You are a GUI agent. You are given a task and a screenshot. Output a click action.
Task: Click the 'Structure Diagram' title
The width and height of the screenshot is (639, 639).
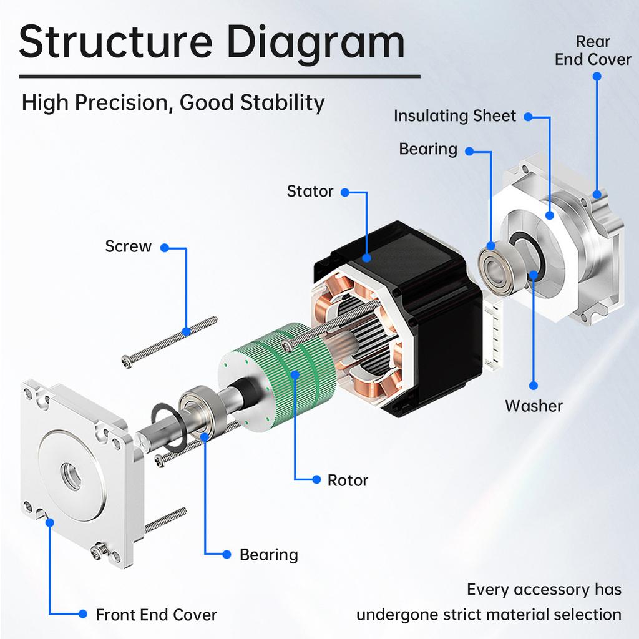pyautogui.click(x=212, y=42)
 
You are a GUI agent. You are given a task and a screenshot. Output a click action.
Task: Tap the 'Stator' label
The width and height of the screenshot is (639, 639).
pyautogui.click(x=310, y=191)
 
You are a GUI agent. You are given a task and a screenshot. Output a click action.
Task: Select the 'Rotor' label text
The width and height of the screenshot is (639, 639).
pyautogui.click(x=348, y=480)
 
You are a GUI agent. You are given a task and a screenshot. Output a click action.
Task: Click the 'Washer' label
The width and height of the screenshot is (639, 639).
pyautogui.click(x=534, y=406)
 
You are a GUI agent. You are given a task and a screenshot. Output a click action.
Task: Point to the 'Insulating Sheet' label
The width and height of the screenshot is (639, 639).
pyautogui.click(x=455, y=116)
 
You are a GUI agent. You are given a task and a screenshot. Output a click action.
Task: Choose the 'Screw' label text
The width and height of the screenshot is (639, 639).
pyautogui.click(x=128, y=246)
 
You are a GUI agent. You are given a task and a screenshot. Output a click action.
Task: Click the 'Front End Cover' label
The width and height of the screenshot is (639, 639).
pyautogui.click(x=156, y=615)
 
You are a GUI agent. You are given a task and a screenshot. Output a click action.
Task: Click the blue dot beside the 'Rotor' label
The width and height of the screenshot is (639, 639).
pyautogui.click(x=316, y=480)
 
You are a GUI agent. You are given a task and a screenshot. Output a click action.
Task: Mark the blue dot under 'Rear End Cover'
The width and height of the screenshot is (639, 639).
pyautogui.click(x=597, y=76)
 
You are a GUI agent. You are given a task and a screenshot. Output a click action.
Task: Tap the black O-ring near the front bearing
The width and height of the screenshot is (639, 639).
pyautogui.click(x=167, y=428)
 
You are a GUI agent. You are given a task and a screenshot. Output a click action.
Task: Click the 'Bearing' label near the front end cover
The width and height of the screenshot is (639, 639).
pyautogui.click(x=268, y=554)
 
